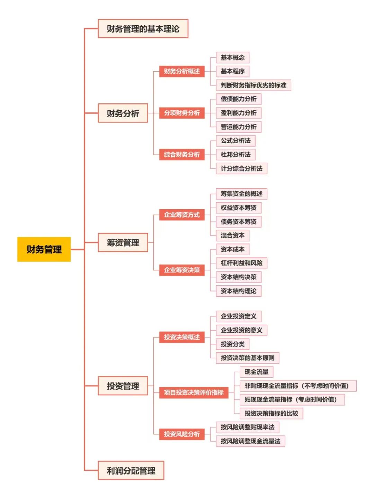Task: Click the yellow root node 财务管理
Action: [44, 249]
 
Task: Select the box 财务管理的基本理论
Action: [143, 29]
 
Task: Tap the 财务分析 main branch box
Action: [123, 113]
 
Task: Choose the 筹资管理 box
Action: [123, 242]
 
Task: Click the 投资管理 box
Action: [123, 386]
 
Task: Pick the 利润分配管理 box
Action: [131, 471]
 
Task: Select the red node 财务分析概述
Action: [182, 71]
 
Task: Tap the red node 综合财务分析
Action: [182, 155]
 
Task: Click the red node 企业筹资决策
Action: [182, 270]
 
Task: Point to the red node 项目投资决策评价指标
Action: [194, 392]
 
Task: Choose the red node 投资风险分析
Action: [182, 434]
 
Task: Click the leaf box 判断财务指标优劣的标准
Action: [253, 85]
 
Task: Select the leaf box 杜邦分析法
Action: [235, 155]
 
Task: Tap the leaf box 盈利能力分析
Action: [239, 113]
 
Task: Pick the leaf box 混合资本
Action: [233, 235]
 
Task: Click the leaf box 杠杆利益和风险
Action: [241, 263]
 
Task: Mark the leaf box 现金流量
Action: [257, 372]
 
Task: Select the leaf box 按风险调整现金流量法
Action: [250, 441]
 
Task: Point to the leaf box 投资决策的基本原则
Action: [248, 358]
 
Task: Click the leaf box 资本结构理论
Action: [239, 291]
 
